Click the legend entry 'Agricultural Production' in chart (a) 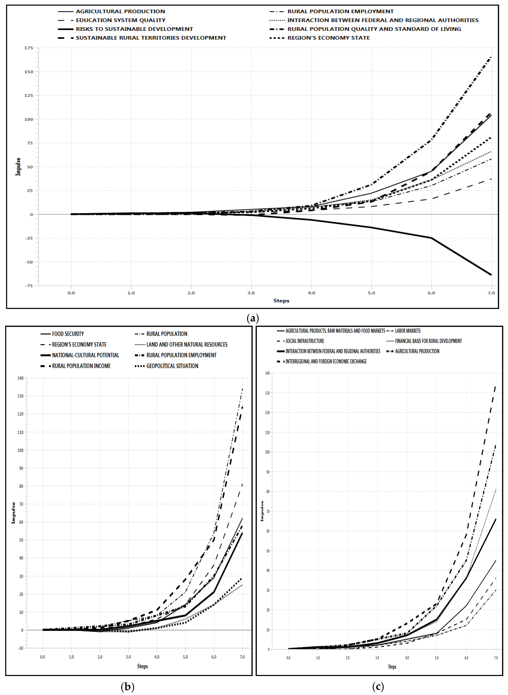[x=120, y=11]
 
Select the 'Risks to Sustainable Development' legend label [x=134, y=29]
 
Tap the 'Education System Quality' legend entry [x=121, y=20]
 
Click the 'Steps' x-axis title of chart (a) [x=281, y=301]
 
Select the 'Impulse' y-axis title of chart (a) [x=18, y=167]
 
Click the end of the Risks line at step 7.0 [x=491, y=274]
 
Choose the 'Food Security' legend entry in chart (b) [x=68, y=334]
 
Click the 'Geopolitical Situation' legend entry [x=172, y=366]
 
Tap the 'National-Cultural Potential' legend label [x=86, y=355]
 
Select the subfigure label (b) [x=128, y=686]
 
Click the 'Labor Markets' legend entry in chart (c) [x=407, y=331]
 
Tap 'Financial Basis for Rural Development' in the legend [x=428, y=341]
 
